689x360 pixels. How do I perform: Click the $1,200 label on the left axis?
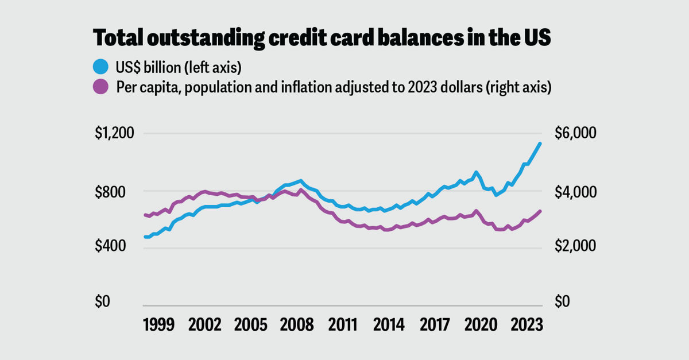(114, 133)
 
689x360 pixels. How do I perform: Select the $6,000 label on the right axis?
(575, 133)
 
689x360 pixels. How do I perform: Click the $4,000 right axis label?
(575, 191)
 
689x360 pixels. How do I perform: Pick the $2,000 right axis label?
(575, 246)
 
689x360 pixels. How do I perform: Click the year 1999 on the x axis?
(158, 325)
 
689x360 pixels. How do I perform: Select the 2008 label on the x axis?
(297, 325)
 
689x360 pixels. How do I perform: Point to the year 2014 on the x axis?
(389, 325)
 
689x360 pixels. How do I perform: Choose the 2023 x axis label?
(527, 325)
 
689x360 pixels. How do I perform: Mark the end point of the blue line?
(540, 144)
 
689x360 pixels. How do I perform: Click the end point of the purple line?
(540, 211)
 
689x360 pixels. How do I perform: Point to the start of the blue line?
(145, 237)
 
